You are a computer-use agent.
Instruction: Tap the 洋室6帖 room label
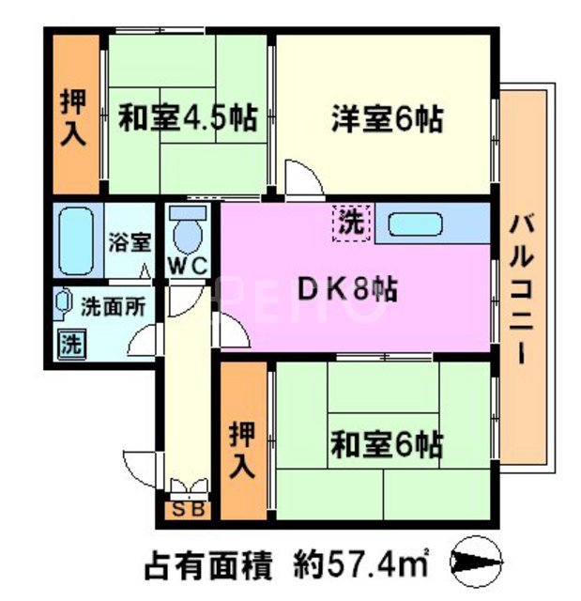click(x=386, y=119)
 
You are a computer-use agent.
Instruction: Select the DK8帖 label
click(x=347, y=289)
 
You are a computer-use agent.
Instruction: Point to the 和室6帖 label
click(x=386, y=442)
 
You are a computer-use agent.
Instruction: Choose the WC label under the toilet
click(x=187, y=265)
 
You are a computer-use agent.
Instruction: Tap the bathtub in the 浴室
click(x=73, y=240)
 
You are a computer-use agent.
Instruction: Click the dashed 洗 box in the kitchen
click(x=351, y=223)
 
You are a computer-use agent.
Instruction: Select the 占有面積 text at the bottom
click(x=207, y=567)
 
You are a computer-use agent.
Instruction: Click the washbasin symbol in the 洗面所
click(x=63, y=304)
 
